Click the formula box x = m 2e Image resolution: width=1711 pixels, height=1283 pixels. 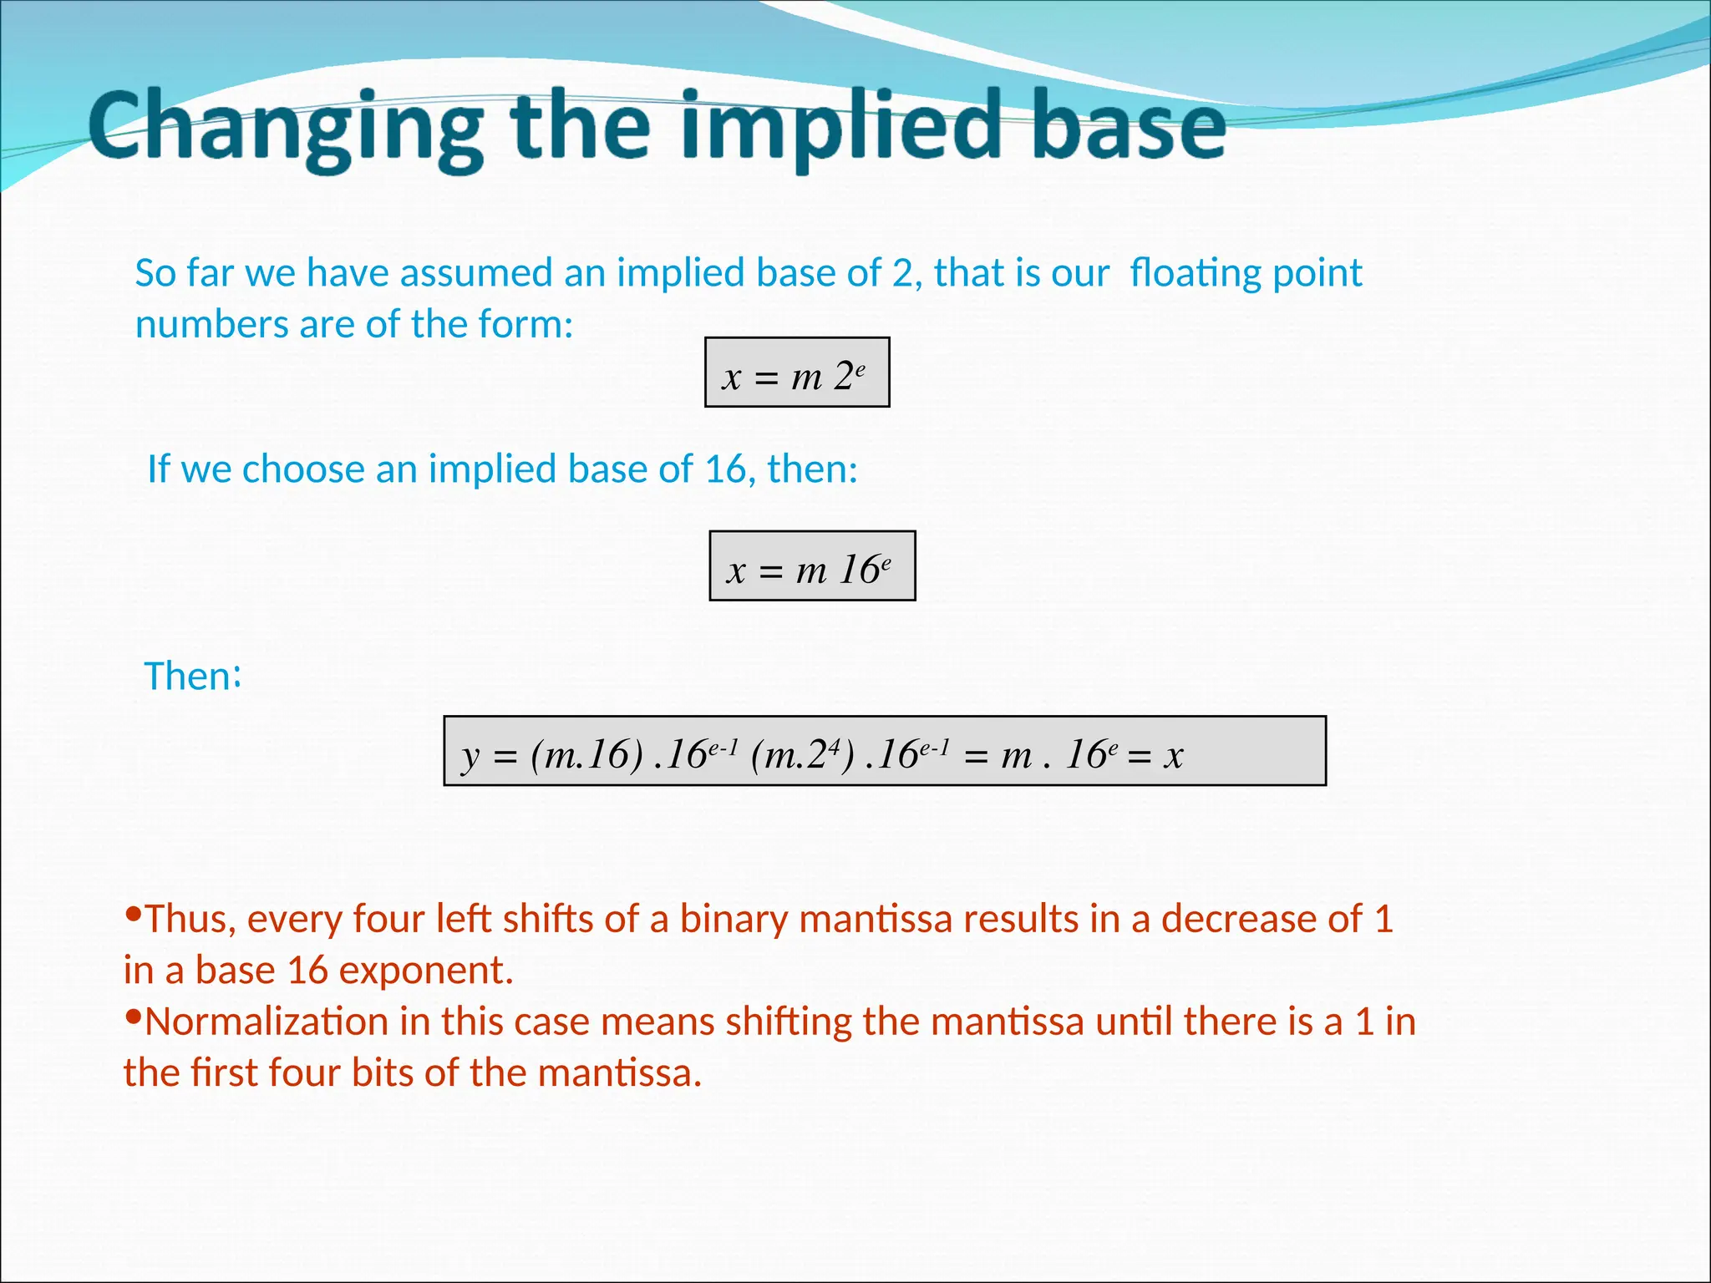tap(797, 373)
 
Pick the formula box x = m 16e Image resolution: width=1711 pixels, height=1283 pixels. tap(812, 566)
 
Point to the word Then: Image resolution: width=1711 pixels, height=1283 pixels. tap(193, 676)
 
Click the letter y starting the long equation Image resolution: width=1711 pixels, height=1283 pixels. tap(471, 757)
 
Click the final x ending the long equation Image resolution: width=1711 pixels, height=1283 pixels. tap(1175, 756)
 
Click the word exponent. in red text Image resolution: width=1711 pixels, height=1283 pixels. tap(425, 971)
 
